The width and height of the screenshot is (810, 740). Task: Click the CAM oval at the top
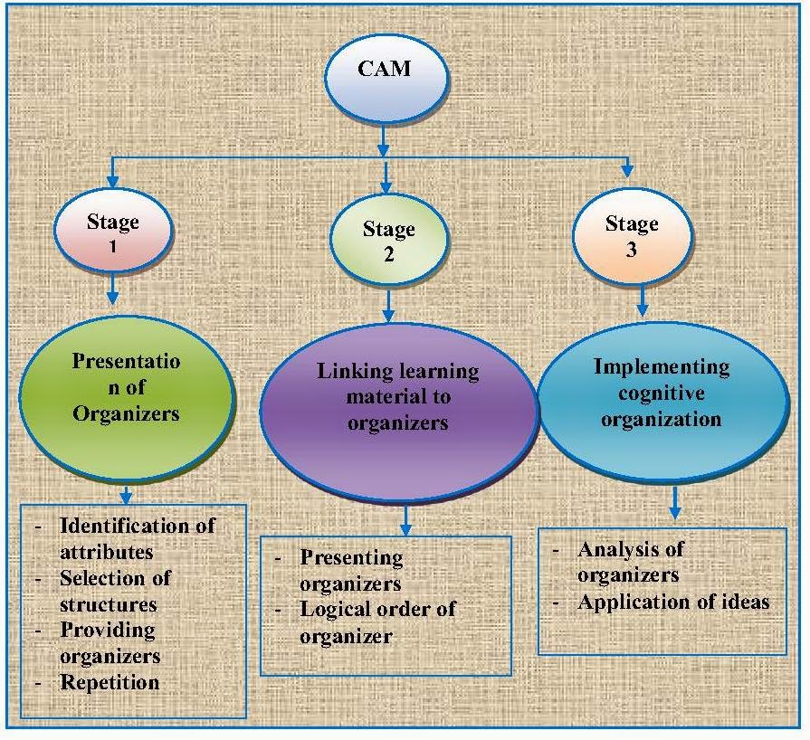point(386,79)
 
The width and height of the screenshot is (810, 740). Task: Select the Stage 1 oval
point(113,231)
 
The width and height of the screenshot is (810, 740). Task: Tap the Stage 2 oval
point(389,240)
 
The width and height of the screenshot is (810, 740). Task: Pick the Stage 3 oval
point(632,236)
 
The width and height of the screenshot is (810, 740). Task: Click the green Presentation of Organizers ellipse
point(127,400)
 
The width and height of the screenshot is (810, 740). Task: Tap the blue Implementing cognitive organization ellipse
point(663,403)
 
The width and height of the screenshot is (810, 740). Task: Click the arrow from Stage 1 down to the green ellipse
point(112,289)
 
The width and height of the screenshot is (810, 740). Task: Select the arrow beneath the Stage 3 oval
point(642,301)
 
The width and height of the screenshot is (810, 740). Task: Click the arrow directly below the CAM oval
point(383,139)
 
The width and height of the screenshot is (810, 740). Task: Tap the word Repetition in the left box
point(110,682)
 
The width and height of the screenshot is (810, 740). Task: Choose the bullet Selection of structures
point(115,592)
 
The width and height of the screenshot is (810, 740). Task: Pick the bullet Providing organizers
point(110,643)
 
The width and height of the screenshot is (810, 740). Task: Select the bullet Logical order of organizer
point(377,622)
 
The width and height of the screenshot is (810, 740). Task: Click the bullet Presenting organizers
point(351,570)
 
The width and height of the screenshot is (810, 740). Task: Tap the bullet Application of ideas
point(673,602)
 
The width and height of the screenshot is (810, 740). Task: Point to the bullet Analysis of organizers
point(631,562)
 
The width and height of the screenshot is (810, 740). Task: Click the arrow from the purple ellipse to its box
point(406,519)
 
